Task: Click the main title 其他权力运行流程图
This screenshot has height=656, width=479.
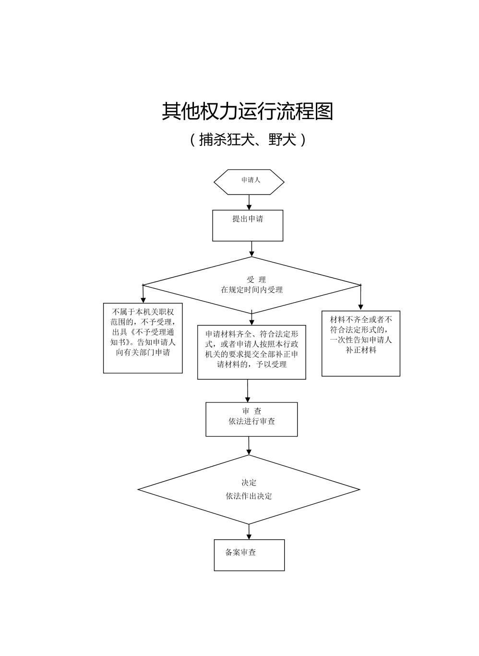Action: [x=247, y=111]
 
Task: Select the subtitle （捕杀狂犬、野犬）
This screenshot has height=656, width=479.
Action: [x=247, y=140]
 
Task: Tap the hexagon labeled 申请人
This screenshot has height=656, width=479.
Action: [x=249, y=182]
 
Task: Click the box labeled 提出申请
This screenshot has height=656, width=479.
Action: [x=248, y=225]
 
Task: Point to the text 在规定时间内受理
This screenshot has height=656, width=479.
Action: [x=251, y=290]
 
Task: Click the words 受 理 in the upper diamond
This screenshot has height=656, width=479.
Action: [x=256, y=279]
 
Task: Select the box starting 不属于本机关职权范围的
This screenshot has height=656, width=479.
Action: [x=143, y=338]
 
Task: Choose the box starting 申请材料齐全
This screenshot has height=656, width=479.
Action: [x=251, y=352]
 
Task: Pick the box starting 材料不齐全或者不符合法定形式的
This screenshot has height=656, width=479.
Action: [x=360, y=343]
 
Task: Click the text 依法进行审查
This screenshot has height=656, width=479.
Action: [x=251, y=422]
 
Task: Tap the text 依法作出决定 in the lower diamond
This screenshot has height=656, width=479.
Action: [x=249, y=496]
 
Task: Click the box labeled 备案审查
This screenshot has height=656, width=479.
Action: [x=249, y=555]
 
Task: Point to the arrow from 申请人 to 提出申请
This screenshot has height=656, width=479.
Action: [x=249, y=202]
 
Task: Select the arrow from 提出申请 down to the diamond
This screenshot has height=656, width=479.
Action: [x=251, y=249]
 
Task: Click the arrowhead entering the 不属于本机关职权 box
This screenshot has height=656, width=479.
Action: [x=143, y=300]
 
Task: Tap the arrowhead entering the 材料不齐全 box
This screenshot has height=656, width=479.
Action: [x=361, y=306]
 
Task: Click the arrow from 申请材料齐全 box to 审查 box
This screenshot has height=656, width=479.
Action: [x=248, y=391]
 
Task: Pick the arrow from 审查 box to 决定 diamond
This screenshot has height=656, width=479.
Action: [x=249, y=446]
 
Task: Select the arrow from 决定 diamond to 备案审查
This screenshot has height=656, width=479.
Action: [x=249, y=532]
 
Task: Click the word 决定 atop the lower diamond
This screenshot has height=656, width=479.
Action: [x=249, y=483]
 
